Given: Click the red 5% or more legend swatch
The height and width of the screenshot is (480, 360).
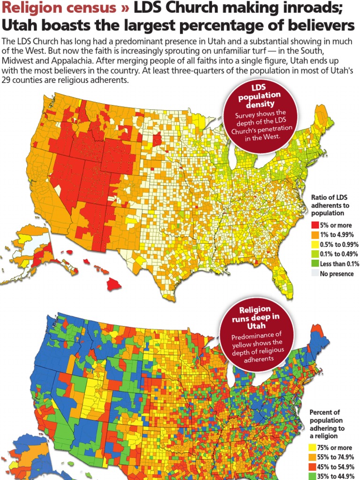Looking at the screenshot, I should (315, 225).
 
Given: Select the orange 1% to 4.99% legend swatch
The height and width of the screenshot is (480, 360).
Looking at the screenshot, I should (315, 235).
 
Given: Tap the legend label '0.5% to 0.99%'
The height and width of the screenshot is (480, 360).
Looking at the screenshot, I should (339, 245).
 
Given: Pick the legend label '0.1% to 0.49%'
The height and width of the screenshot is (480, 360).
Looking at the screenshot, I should (339, 254).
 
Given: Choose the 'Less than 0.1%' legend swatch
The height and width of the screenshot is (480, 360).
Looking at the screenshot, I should (315, 264).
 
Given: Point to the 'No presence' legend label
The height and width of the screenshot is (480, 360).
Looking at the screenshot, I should (337, 274).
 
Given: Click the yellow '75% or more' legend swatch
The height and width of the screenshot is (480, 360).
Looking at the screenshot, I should (312, 448).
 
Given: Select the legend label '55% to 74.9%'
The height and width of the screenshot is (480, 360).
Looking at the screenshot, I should (337, 457).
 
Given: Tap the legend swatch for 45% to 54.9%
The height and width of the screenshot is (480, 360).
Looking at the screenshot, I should (312, 467).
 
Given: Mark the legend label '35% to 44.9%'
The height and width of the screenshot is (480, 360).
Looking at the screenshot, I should (337, 476).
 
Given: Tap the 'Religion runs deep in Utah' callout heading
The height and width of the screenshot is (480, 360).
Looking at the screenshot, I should (255, 317).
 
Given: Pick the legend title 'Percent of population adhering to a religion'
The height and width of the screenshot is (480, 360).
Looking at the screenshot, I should (327, 424).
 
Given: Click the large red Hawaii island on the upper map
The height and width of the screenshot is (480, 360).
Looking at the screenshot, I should (114, 283).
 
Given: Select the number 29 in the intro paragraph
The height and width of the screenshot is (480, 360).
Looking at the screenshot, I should (7, 80).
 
